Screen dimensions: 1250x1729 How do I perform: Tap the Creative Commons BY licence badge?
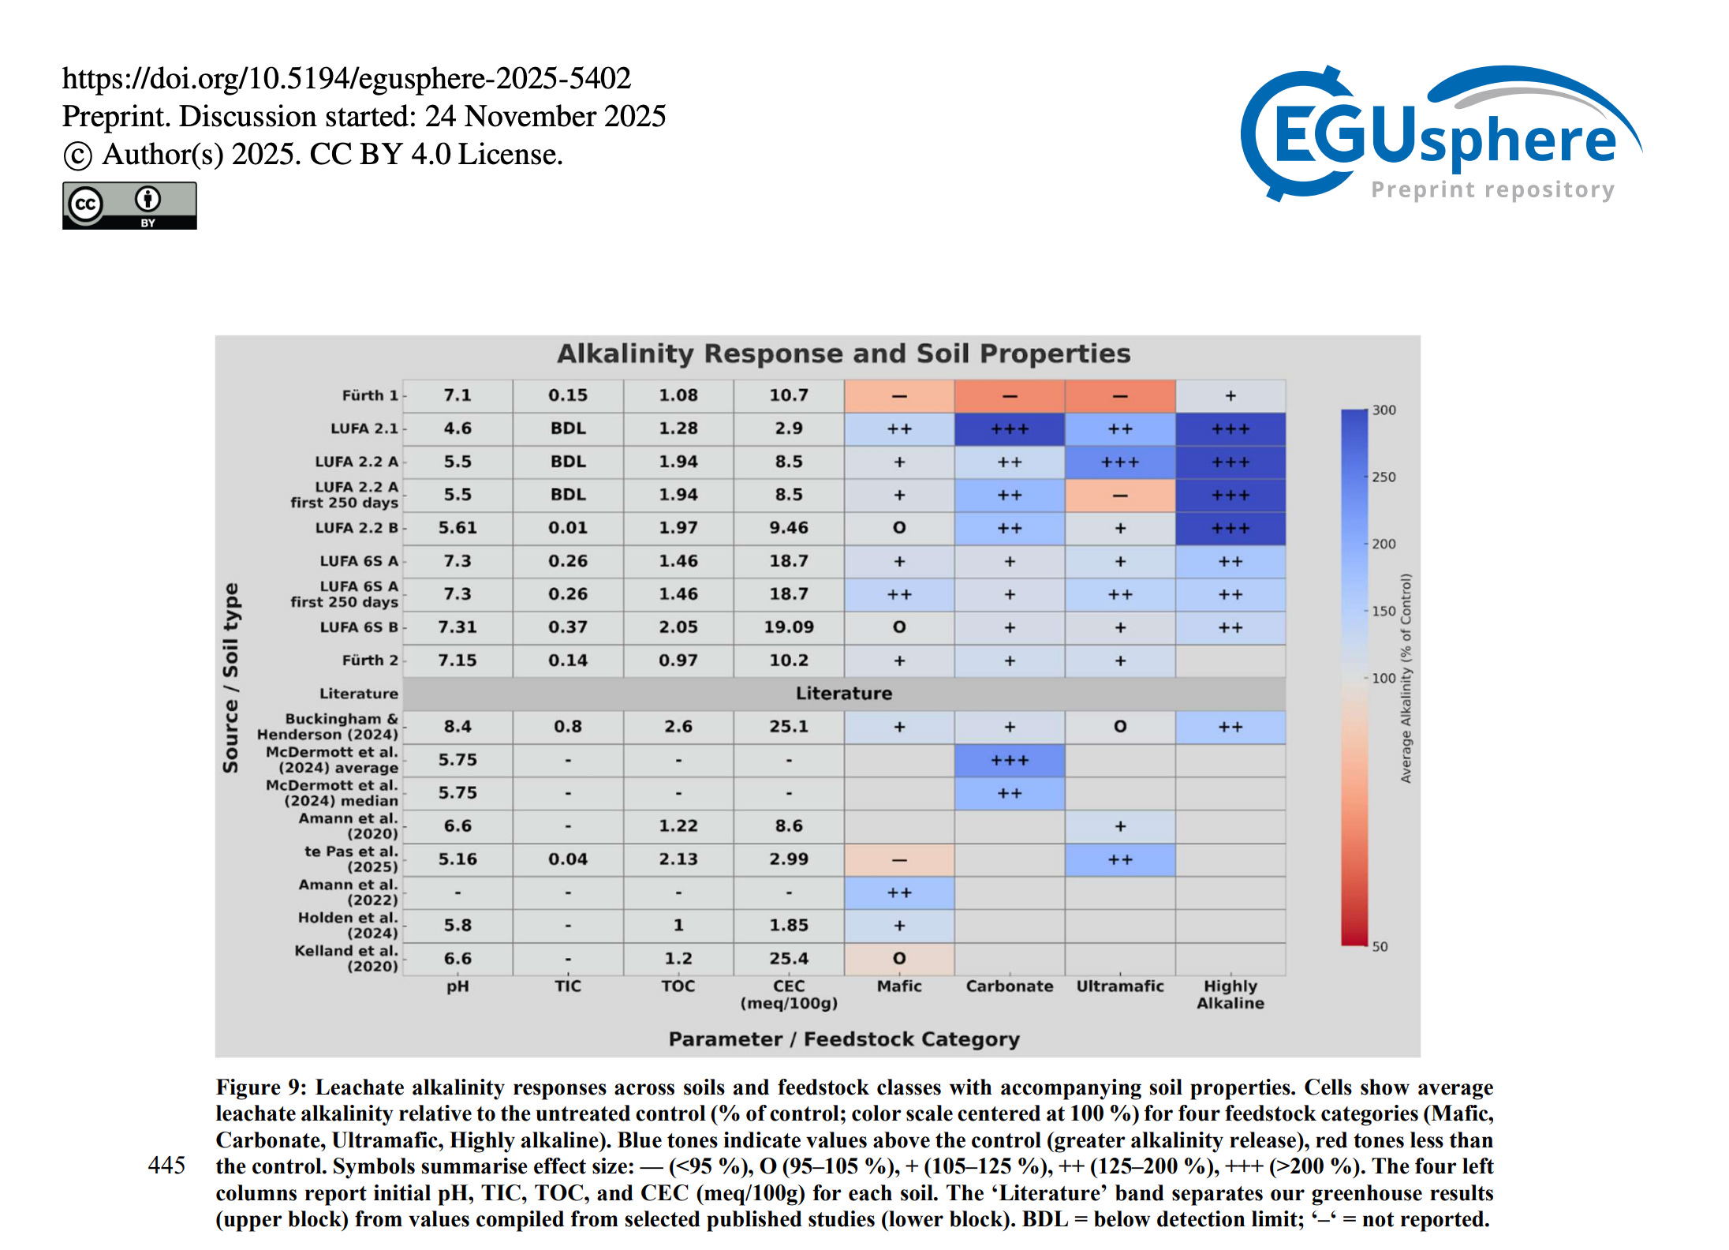click(129, 206)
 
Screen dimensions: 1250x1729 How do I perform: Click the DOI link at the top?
click(346, 78)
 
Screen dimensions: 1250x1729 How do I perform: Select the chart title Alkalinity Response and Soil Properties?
click(843, 354)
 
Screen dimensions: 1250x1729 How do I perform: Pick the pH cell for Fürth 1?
click(457, 395)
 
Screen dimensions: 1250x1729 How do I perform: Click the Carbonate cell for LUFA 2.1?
click(1010, 429)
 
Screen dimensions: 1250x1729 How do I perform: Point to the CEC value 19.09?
click(789, 627)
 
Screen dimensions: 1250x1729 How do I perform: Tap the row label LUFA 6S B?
click(358, 627)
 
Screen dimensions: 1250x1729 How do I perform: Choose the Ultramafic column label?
click(1120, 986)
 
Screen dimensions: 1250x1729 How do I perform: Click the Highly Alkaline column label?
click(1230, 994)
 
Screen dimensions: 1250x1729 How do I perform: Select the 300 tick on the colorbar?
click(1384, 410)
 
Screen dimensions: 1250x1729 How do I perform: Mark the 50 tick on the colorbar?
click(1380, 946)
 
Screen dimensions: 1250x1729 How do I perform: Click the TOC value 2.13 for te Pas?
click(678, 859)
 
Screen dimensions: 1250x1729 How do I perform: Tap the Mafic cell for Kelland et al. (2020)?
click(899, 959)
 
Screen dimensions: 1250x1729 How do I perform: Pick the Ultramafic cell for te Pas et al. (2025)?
click(1120, 859)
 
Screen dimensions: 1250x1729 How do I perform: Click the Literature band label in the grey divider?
click(843, 694)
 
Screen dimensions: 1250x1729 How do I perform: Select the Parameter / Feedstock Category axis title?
click(844, 1039)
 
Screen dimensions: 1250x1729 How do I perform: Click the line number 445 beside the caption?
click(166, 1166)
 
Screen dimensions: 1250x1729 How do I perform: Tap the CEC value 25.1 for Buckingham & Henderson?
click(789, 727)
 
